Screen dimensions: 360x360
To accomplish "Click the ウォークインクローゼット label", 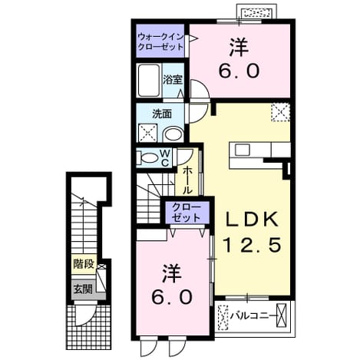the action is tap(160, 41).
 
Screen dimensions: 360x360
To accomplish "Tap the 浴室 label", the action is tap(173, 80).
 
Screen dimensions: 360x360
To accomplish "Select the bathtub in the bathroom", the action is tap(149, 80).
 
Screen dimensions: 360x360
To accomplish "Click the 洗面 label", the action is tap(162, 114).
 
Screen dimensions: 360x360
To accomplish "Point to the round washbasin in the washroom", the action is tap(173, 134).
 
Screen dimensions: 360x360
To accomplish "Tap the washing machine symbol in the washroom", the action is tap(148, 133).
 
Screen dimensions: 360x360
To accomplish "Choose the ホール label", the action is tap(187, 180).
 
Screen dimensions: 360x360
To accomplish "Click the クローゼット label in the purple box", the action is tap(187, 212).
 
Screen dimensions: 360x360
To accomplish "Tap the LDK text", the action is tap(251, 219).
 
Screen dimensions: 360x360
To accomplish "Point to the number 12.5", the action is tap(253, 244).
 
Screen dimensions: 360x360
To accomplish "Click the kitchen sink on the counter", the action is tap(242, 150).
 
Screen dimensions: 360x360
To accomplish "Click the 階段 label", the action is tap(84, 264).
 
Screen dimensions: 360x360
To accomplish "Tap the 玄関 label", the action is tap(83, 289).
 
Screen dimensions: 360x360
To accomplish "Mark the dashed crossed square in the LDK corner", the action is tap(280, 112).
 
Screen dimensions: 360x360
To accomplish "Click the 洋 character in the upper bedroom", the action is tap(239, 48).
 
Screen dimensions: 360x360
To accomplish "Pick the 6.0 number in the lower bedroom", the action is tap(172, 297).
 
